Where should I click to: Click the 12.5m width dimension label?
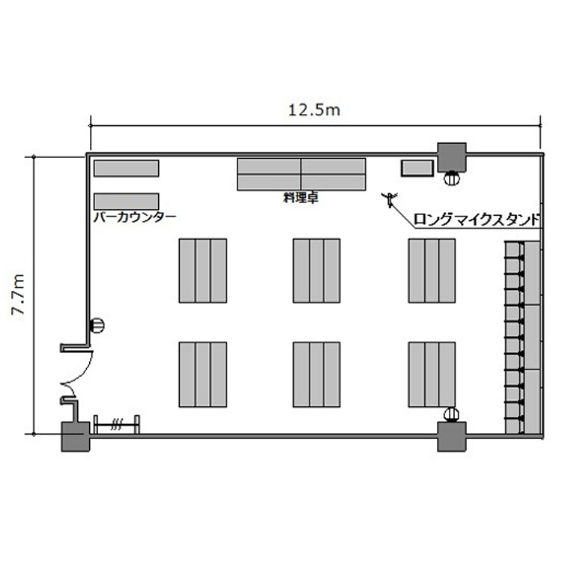click(314, 110)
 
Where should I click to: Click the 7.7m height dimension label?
click(17, 294)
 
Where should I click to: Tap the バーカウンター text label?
click(135, 217)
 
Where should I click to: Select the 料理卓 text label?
click(300, 198)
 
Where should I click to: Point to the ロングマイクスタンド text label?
click(477, 220)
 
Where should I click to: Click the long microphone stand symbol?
click(390, 199)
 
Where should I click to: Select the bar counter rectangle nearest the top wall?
click(126, 169)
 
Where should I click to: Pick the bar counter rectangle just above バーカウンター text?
click(126, 202)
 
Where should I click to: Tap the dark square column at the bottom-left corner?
click(75, 437)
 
